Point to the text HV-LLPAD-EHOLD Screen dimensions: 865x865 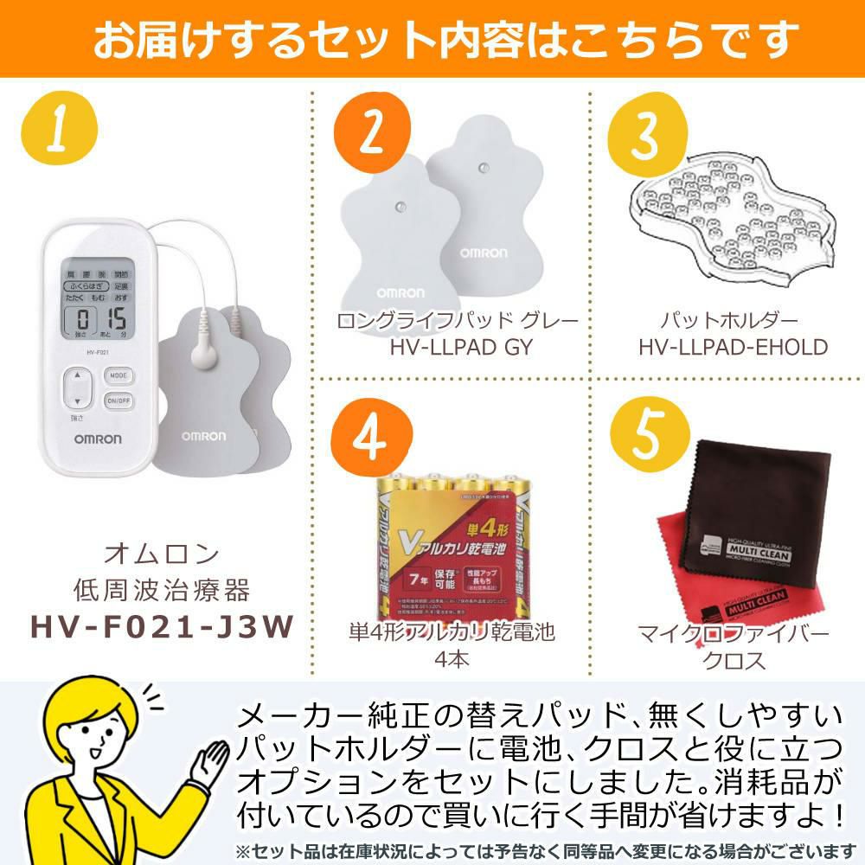point(733,347)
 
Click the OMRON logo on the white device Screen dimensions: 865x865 point(96,439)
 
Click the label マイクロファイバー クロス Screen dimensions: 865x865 point(732,647)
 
